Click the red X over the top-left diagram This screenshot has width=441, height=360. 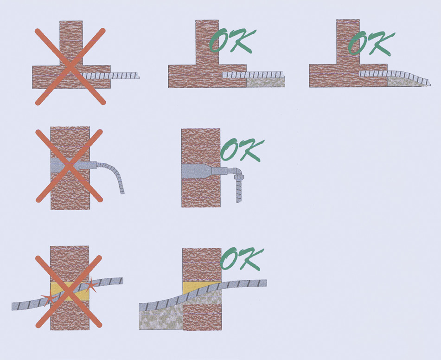tap(70, 66)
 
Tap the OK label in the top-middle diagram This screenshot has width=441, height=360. tap(233, 41)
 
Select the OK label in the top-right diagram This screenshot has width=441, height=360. tap(371, 43)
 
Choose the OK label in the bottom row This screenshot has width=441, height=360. tap(243, 258)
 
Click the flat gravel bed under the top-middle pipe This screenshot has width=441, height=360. tap(266, 83)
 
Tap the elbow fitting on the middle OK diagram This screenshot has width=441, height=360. tap(237, 173)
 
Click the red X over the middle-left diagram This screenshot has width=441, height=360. tap(69, 166)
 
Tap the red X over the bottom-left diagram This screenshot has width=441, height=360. tap(69, 292)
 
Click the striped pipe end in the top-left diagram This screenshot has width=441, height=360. tap(111, 76)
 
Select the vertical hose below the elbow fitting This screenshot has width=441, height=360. tap(239, 191)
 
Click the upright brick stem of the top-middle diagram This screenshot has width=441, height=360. tap(207, 42)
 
